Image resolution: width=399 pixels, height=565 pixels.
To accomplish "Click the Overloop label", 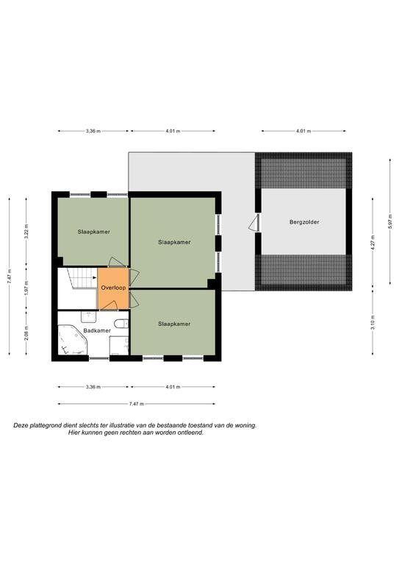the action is [x=113, y=288].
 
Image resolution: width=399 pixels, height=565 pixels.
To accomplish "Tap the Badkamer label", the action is [x=97, y=330].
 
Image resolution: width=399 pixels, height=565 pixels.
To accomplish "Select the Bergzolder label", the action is [x=304, y=222].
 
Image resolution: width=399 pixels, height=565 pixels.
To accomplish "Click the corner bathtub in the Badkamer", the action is [x=73, y=340].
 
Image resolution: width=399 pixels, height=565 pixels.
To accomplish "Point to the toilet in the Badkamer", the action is [x=121, y=324].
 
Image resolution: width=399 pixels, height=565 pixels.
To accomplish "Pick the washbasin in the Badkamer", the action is [x=88, y=317].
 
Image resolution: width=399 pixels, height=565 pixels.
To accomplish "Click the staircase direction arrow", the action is [x=94, y=277].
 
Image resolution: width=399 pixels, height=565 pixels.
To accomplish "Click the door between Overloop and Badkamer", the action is [x=108, y=305].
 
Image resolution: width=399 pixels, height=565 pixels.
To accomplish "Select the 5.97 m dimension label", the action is [x=390, y=221].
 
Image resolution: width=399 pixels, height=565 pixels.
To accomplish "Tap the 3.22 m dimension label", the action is [x=26, y=231].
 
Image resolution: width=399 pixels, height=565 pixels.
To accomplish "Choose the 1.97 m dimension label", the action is [x=26, y=288].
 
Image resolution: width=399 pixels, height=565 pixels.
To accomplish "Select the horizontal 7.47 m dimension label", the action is [x=137, y=404].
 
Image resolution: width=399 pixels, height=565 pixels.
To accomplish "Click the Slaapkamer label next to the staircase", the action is [x=94, y=232].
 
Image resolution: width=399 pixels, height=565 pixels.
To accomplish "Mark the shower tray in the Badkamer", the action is [x=119, y=345].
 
